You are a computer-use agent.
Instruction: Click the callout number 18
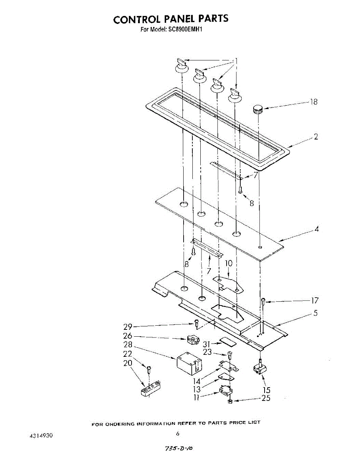coord(314,102)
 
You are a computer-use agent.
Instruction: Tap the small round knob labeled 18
coord(258,109)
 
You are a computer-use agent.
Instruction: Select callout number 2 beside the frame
coord(316,137)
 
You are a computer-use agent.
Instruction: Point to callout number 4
coord(316,229)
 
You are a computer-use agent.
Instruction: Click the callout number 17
coord(314,301)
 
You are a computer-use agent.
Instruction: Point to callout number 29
coord(128,326)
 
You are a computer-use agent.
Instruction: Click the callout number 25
coord(266,398)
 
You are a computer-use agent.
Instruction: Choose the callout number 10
coord(228,263)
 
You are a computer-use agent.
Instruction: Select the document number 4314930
coord(41,435)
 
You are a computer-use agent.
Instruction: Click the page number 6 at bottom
coord(178,434)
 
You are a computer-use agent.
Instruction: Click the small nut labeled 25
coord(230,402)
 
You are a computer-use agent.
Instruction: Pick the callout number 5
coord(316,313)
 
